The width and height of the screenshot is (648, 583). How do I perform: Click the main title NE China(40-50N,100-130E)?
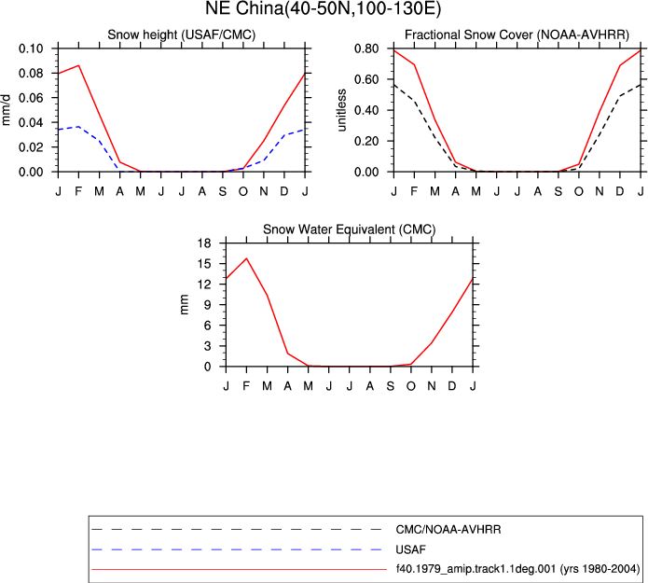pyautogui.click(x=324, y=8)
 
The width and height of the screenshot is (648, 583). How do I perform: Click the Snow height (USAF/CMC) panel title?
pyautogui.click(x=182, y=35)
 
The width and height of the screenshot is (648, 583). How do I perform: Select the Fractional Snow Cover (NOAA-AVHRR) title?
pyautogui.click(x=517, y=35)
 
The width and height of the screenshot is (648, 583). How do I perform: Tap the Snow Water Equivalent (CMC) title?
pyautogui.click(x=350, y=229)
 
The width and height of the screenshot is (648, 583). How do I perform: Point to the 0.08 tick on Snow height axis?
pyautogui.click(x=31, y=73)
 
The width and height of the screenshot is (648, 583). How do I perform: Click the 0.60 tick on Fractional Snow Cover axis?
pyautogui.click(x=366, y=79)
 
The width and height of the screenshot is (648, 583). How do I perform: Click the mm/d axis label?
pyautogui.click(x=6, y=109)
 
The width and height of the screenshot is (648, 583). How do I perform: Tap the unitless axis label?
pyautogui.click(x=341, y=110)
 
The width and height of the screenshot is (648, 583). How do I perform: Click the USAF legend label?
pyautogui.click(x=410, y=549)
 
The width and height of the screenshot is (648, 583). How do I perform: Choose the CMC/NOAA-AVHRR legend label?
pyautogui.click(x=448, y=530)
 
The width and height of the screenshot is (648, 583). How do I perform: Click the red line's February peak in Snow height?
pyautogui.click(x=78, y=65)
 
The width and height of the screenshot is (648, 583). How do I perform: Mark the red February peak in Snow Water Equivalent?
pyautogui.click(x=246, y=258)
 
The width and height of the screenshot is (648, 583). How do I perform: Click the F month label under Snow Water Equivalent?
pyautogui.click(x=246, y=386)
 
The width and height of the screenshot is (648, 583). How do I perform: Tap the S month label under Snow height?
pyautogui.click(x=222, y=191)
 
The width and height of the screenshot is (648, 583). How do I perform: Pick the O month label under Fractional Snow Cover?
pyautogui.click(x=579, y=191)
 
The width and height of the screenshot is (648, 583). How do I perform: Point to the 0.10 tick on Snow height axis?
pyautogui.click(x=31, y=49)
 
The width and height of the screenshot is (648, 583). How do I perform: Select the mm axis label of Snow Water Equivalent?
pyautogui.click(x=185, y=304)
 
